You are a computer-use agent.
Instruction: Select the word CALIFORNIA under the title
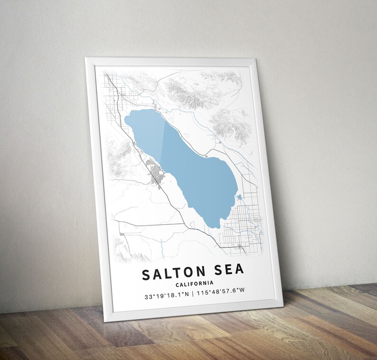(194, 284)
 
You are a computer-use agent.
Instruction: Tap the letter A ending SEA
(239, 269)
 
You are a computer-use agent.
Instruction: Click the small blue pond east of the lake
(238, 196)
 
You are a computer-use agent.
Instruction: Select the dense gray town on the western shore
(156, 174)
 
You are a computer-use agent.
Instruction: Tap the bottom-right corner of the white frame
(283, 302)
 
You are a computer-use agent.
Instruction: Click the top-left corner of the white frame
(86, 59)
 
